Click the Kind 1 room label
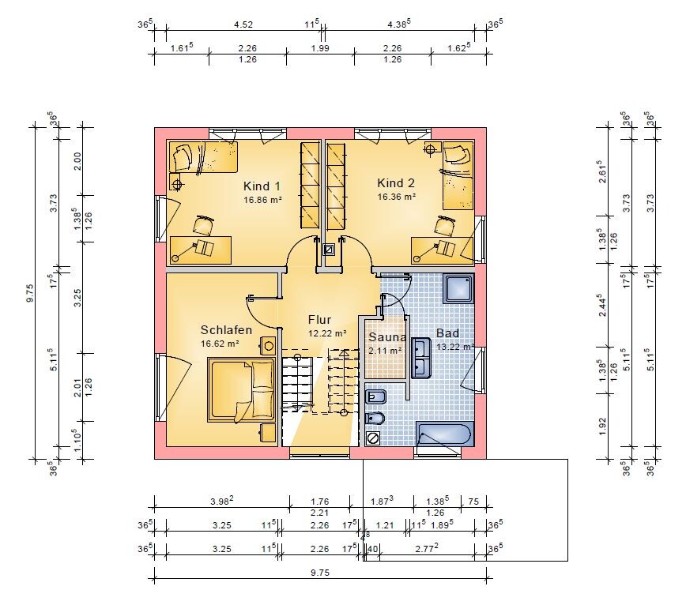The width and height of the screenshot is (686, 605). tap(262, 186)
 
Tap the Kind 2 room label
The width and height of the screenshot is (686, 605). tap(396, 182)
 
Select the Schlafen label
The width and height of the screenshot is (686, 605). tap(226, 330)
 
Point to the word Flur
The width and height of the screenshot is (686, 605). tap(319, 320)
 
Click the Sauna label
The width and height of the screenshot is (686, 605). tap(387, 337)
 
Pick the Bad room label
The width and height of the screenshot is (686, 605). tap(447, 333)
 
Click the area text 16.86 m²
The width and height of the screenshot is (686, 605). tap(262, 200)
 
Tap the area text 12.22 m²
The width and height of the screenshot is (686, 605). tap(327, 333)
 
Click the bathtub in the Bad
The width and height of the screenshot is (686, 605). tap(444, 434)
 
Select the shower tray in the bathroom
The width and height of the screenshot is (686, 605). tap(459, 288)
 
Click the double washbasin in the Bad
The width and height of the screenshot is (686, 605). tap(421, 358)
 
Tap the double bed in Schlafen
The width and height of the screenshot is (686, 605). tap(242, 390)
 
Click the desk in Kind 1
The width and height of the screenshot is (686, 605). tap(201, 250)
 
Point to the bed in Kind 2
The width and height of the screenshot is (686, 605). tap(458, 175)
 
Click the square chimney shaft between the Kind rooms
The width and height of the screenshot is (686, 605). tap(328, 249)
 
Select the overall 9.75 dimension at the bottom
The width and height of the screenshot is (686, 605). tap(320, 573)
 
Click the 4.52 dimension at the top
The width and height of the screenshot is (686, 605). tap(243, 24)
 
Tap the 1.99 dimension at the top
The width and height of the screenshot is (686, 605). tap(320, 48)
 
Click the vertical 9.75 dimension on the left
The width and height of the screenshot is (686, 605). tap(30, 293)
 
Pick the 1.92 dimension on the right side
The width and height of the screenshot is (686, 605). tap(602, 427)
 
